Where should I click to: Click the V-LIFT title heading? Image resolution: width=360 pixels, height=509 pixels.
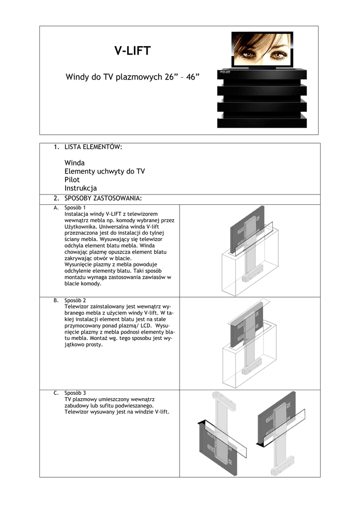[132, 51]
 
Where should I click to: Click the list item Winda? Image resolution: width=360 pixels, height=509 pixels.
[75, 163]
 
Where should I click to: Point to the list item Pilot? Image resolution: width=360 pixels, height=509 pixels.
[72, 179]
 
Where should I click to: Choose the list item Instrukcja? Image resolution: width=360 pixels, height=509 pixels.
[81, 188]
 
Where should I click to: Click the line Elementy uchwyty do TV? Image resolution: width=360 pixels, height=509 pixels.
[104, 171]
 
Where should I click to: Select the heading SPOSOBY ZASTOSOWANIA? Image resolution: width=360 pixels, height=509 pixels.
[103, 199]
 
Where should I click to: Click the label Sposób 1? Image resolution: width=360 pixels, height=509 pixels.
[75, 207]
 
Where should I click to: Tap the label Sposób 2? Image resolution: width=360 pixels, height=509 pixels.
[75, 301]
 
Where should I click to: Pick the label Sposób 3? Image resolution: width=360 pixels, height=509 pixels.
[75, 393]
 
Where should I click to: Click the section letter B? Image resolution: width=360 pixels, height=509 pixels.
[56, 301]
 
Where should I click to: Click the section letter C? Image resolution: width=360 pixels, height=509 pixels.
[56, 393]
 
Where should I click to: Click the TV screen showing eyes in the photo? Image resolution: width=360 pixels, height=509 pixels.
[263, 48]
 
